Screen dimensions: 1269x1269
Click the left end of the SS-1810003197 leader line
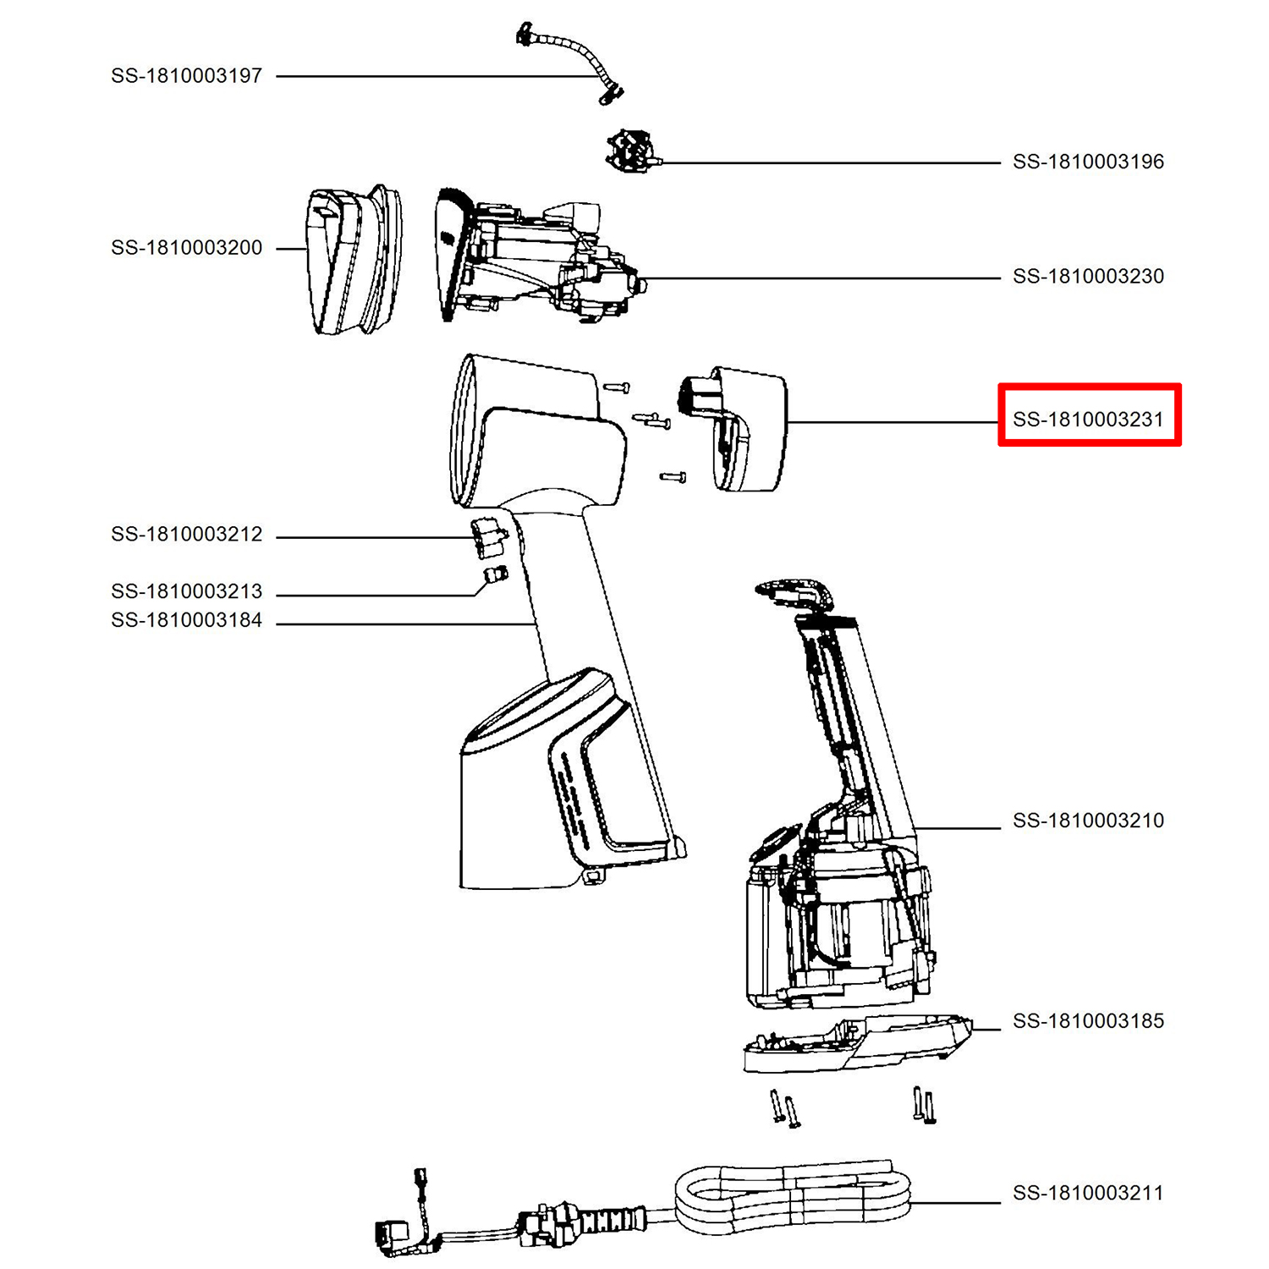pyautogui.click(x=277, y=76)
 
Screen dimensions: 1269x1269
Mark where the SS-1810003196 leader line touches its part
pyautogui.click(x=658, y=162)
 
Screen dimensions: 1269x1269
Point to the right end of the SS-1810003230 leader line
pyautogui.click(x=1000, y=277)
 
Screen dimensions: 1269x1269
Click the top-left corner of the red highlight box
pyautogui.click(x=999, y=385)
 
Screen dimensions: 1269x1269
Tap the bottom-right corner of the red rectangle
pyautogui.click(x=1181, y=445)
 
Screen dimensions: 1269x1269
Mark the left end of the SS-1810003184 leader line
pyautogui.click(x=277, y=624)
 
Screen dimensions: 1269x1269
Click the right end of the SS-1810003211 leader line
pyautogui.click(x=1000, y=1202)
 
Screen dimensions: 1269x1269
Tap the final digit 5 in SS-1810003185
pyautogui.click(x=1159, y=1021)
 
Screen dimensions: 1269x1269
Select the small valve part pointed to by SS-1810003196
pyautogui.click(x=631, y=151)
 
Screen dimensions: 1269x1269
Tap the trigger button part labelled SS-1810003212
pyautogui.click(x=487, y=538)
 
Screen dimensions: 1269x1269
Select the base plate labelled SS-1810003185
pyautogui.click(x=857, y=1042)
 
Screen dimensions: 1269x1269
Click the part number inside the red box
pyautogui.click(x=1089, y=420)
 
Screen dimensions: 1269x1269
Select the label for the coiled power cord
pyautogui.click(x=1089, y=1193)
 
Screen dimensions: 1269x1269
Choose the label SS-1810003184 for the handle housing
pyautogui.click(x=187, y=620)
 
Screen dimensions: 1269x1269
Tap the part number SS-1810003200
pyautogui.click(x=187, y=248)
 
